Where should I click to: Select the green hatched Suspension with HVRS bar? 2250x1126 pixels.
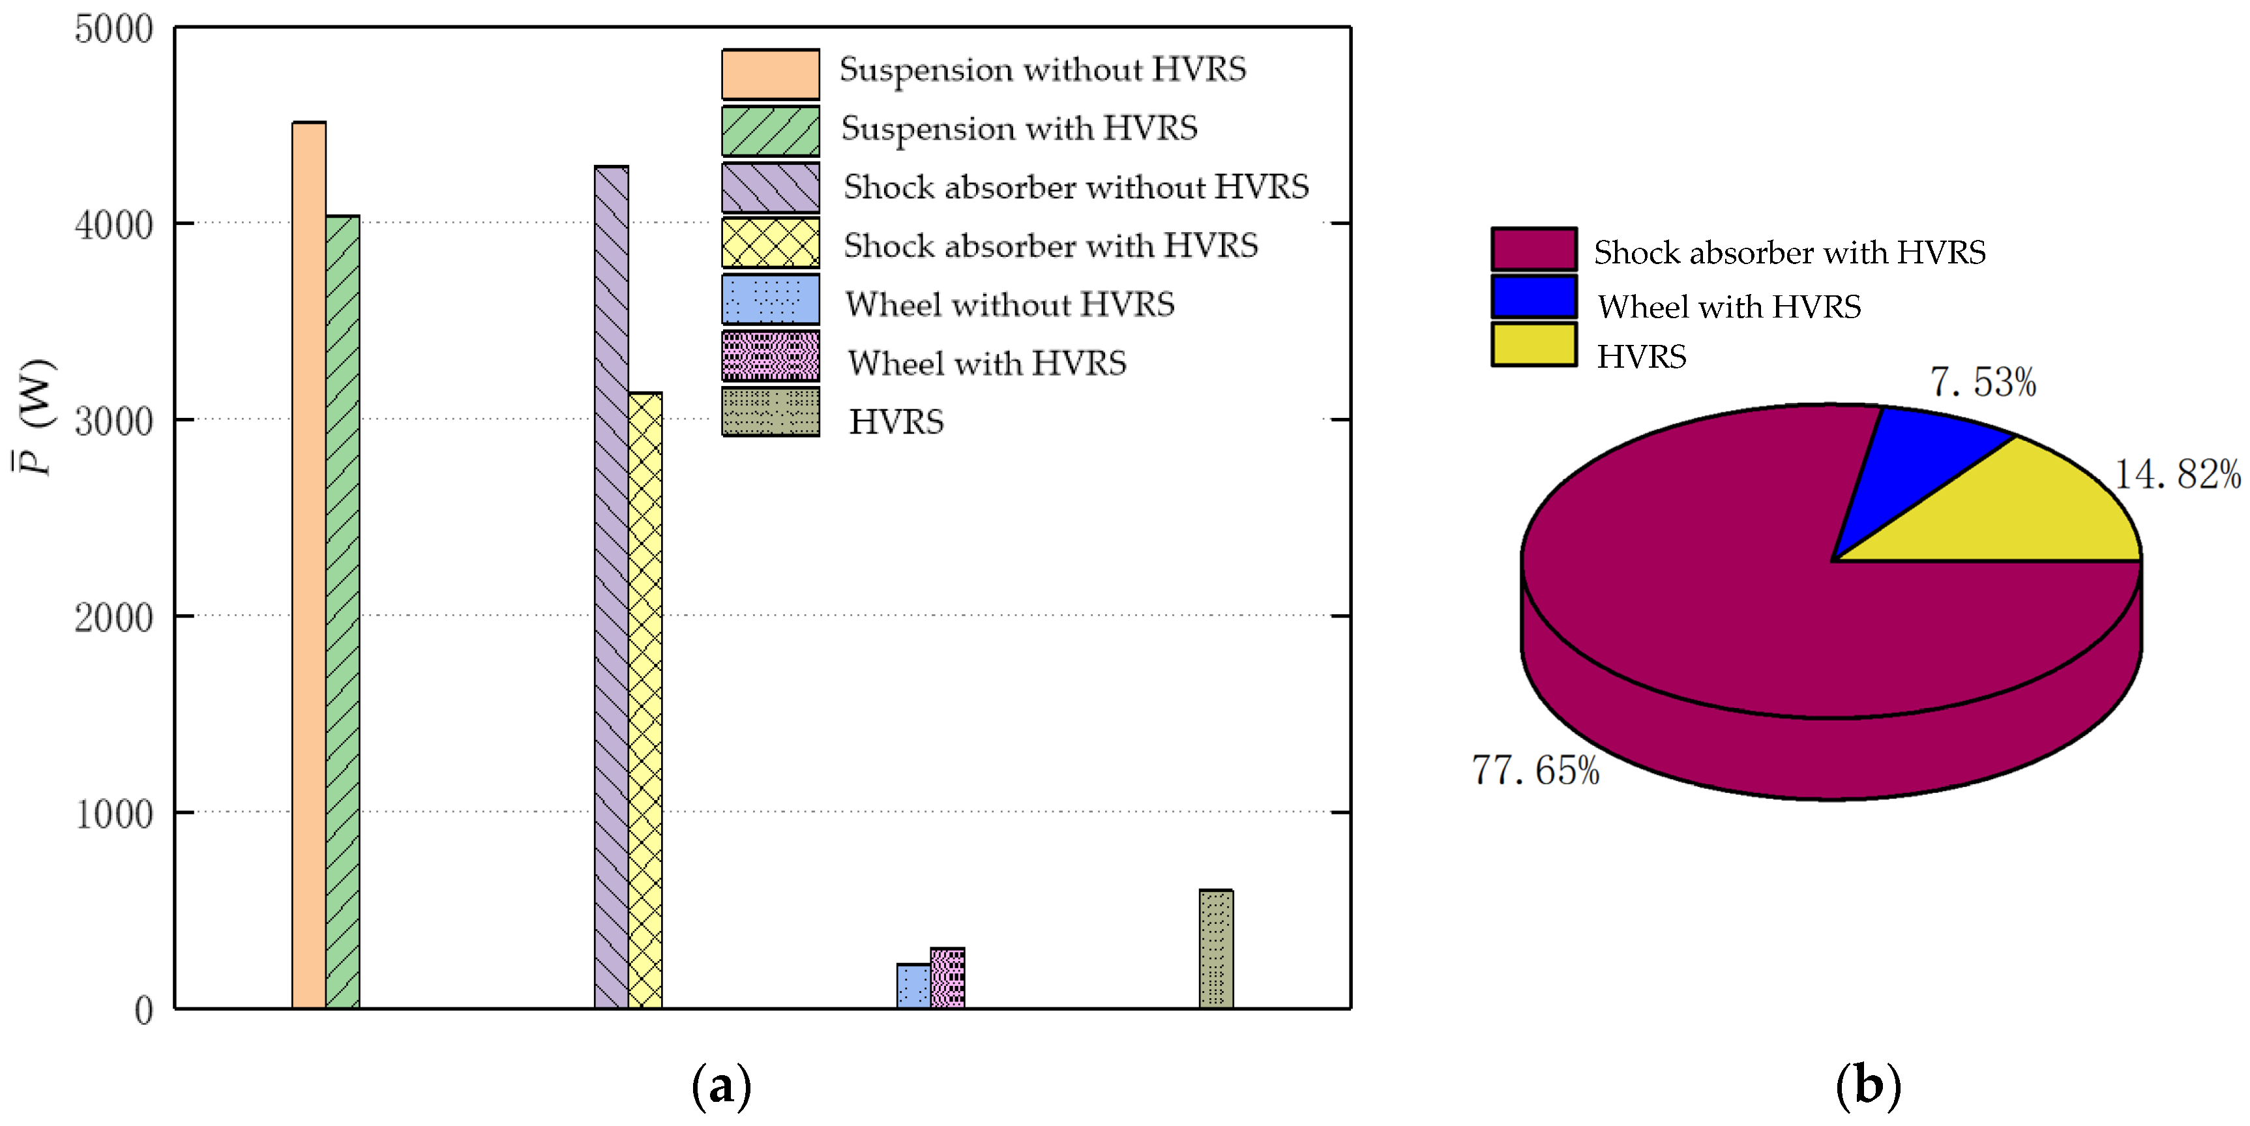tap(342, 612)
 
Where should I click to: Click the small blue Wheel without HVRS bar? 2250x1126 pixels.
tap(913, 986)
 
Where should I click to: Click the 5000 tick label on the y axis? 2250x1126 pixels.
tap(113, 30)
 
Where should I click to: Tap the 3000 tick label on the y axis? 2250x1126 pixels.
tap(113, 422)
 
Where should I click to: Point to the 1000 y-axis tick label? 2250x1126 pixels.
tap(113, 814)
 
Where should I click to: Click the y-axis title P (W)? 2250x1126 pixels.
tap(35, 417)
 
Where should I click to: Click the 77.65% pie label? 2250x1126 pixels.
tap(1535, 771)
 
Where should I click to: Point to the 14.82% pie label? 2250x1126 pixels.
tap(2176, 475)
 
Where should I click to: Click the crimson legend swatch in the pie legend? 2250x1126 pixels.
tap(1533, 249)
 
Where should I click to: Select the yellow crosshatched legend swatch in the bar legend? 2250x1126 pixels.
tap(771, 243)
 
